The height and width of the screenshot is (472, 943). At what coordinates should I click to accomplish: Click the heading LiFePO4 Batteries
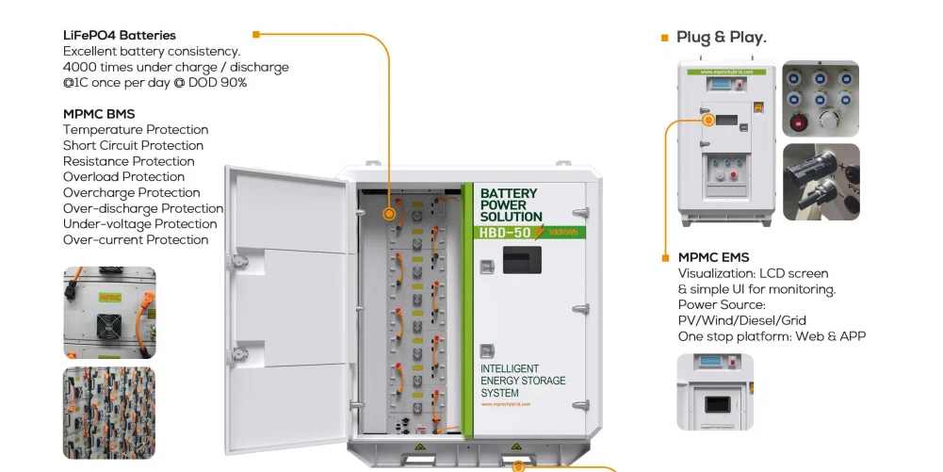120,36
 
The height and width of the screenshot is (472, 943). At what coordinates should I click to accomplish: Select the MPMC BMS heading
99,114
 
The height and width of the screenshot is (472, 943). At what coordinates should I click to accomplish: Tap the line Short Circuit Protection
133,146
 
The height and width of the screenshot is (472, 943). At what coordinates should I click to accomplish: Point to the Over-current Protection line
136,240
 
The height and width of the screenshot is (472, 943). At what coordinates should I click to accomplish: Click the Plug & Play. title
722,38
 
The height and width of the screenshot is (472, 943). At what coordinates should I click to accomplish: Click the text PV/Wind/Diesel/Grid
741,321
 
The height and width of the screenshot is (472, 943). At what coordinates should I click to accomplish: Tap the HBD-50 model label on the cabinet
506,233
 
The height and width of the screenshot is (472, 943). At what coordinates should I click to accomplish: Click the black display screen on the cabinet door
521,260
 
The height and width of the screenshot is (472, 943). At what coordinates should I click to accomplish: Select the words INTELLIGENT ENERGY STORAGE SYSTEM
523,381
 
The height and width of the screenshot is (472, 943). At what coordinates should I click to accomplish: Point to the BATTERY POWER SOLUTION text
511,205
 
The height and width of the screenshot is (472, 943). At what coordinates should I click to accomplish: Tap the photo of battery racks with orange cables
108,413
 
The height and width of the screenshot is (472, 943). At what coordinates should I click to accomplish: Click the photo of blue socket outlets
821,99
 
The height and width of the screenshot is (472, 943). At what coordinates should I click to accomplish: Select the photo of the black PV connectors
821,182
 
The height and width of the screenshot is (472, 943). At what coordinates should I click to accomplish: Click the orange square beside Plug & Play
664,39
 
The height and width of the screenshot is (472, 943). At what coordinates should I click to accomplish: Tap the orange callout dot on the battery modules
389,215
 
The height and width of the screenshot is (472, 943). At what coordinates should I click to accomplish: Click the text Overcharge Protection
131,193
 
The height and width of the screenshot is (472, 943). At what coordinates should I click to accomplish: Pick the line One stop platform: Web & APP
772,337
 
